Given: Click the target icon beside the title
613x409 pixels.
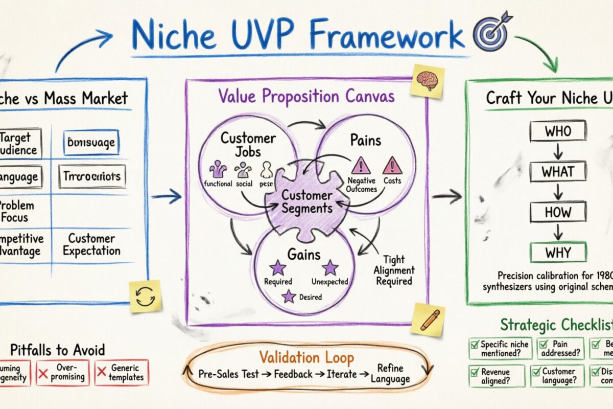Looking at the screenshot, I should (491, 31).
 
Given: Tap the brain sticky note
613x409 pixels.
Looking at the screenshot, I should (427, 80).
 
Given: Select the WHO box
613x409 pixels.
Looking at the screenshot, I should (557, 131).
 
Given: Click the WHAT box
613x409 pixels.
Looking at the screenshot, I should (557, 171).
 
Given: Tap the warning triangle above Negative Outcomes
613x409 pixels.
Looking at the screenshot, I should (361, 165).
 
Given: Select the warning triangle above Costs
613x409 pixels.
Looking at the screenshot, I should (392, 165).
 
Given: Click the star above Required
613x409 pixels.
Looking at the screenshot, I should (278, 267).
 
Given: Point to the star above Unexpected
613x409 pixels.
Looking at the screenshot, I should (330, 267).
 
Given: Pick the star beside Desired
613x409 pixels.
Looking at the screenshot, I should (290, 296).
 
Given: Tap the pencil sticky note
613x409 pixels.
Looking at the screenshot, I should (428, 320).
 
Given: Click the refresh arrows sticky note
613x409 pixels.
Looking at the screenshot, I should (145, 296).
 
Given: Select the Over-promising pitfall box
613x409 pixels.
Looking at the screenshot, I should (63, 373).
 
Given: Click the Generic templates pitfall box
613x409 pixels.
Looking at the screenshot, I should (122, 373).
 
